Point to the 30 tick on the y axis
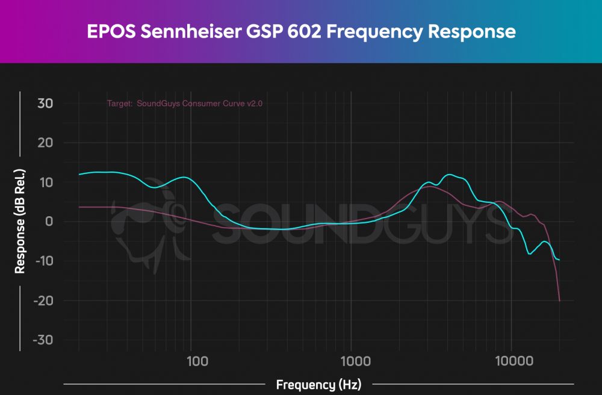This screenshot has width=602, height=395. tap(45, 104)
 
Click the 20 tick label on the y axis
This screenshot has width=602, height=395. tap(45, 143)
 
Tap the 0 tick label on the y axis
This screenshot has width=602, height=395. tap(49, 222)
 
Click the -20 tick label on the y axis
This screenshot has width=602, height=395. tap(42, 300)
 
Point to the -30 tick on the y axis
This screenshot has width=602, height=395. tap(42, 340)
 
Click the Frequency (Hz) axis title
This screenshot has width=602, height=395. tap(319, 384)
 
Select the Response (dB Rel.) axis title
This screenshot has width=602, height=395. tap(20, 221)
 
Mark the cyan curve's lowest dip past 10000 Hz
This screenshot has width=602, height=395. tap(530, 254)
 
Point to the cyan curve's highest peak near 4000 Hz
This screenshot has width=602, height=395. tap(449, 175)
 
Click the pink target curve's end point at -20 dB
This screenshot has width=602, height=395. tap(560, 300)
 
